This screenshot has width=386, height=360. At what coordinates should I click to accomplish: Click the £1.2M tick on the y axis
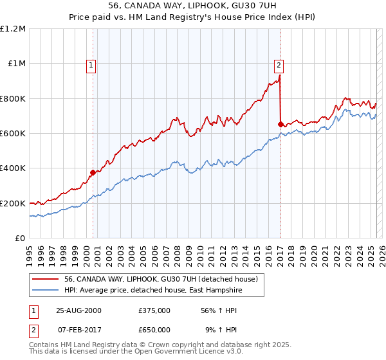pyautogui.click(x=13, y=28)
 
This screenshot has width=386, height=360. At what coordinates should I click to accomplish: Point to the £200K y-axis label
pyautogui.click(x=13, y=203)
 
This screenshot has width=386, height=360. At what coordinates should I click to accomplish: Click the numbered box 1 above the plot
pyautogui.click(x=91, y=64)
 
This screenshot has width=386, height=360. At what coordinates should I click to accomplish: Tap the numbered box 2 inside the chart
pyautogui.click(x=279, y=64)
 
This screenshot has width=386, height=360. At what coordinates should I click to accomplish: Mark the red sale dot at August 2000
pyautogui.click(x=93, y=172)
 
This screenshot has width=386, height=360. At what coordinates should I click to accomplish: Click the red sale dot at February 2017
pyautogui.click(x=280, y=124)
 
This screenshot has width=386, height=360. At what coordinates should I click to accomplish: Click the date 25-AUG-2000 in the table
pyautogui.click(x=78, y=310)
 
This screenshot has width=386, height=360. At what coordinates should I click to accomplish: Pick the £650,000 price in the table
pyautogui.click(x=154, y=329)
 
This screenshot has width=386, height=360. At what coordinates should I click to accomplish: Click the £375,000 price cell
pyautogui.click(x=154, y=310)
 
